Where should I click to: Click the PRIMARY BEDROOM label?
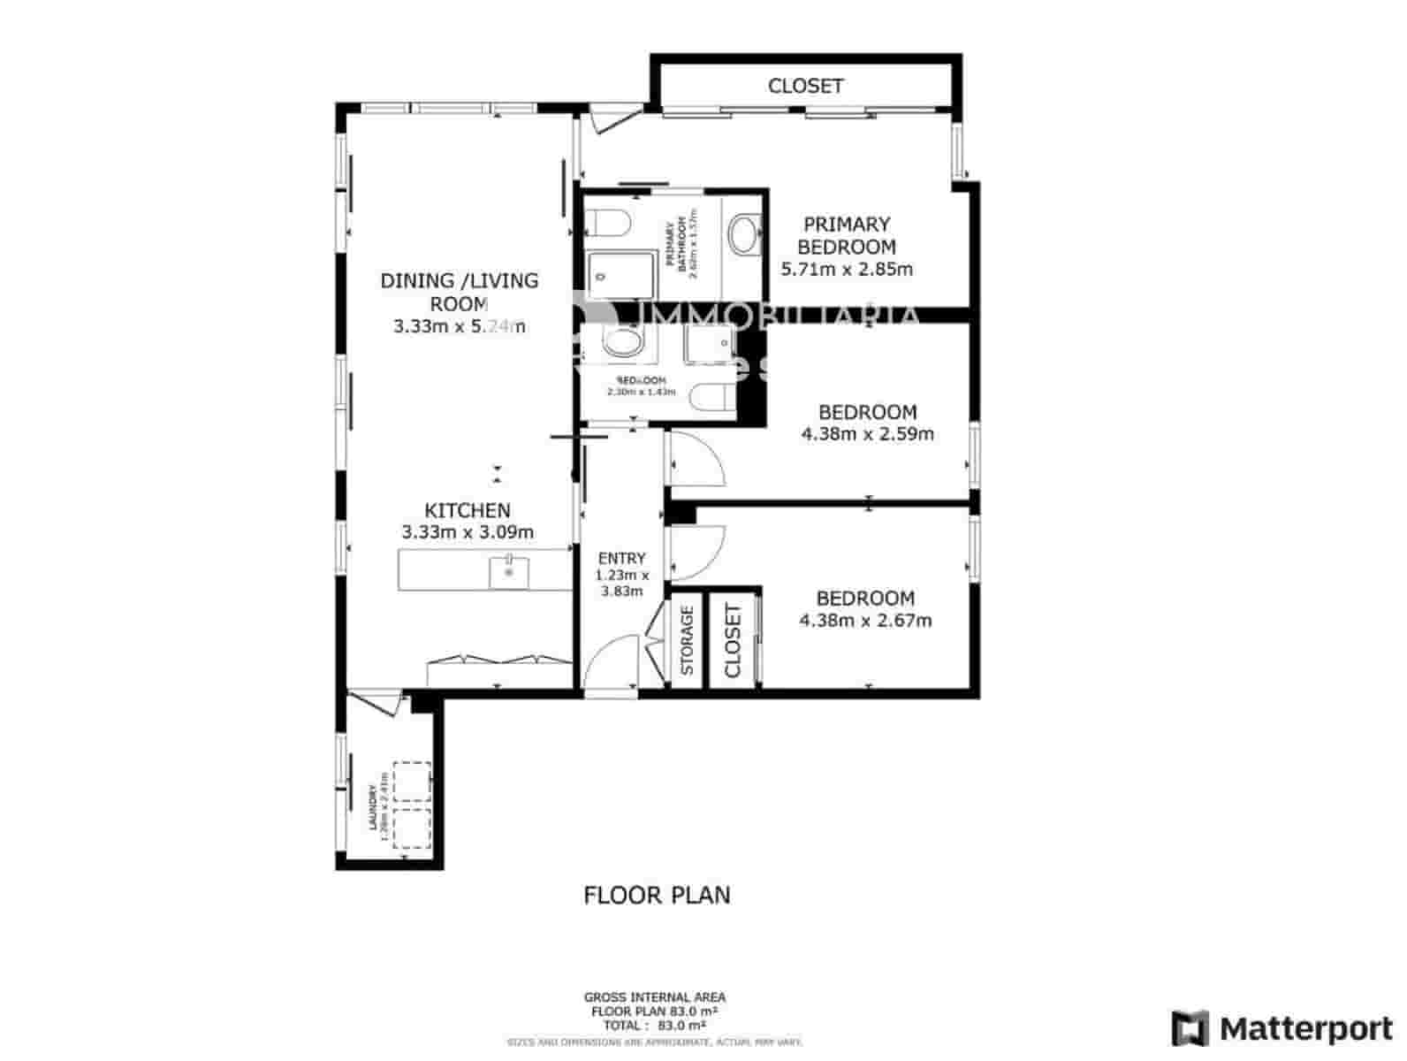coord(846,236)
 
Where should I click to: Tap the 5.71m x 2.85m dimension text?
coord(847,270)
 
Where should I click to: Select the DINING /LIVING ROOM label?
coord(459,293)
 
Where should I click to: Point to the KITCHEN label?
coord(468,511)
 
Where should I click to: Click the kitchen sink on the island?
coord(509,571)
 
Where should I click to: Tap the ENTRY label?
coord(622,559)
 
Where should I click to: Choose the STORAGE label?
coord(688,639)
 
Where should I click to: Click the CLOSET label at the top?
coord(805,87)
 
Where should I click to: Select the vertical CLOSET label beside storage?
coord(733,641)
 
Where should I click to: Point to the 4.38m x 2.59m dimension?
coord(867,434)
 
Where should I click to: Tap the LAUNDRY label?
coord(374,806)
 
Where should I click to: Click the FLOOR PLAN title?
coord(657,896)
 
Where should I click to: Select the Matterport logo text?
coord(1305,1028)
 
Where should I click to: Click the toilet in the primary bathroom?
coord(607,222)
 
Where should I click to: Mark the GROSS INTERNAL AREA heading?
coord(655,997)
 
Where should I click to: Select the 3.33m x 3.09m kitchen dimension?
coord(468,533)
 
